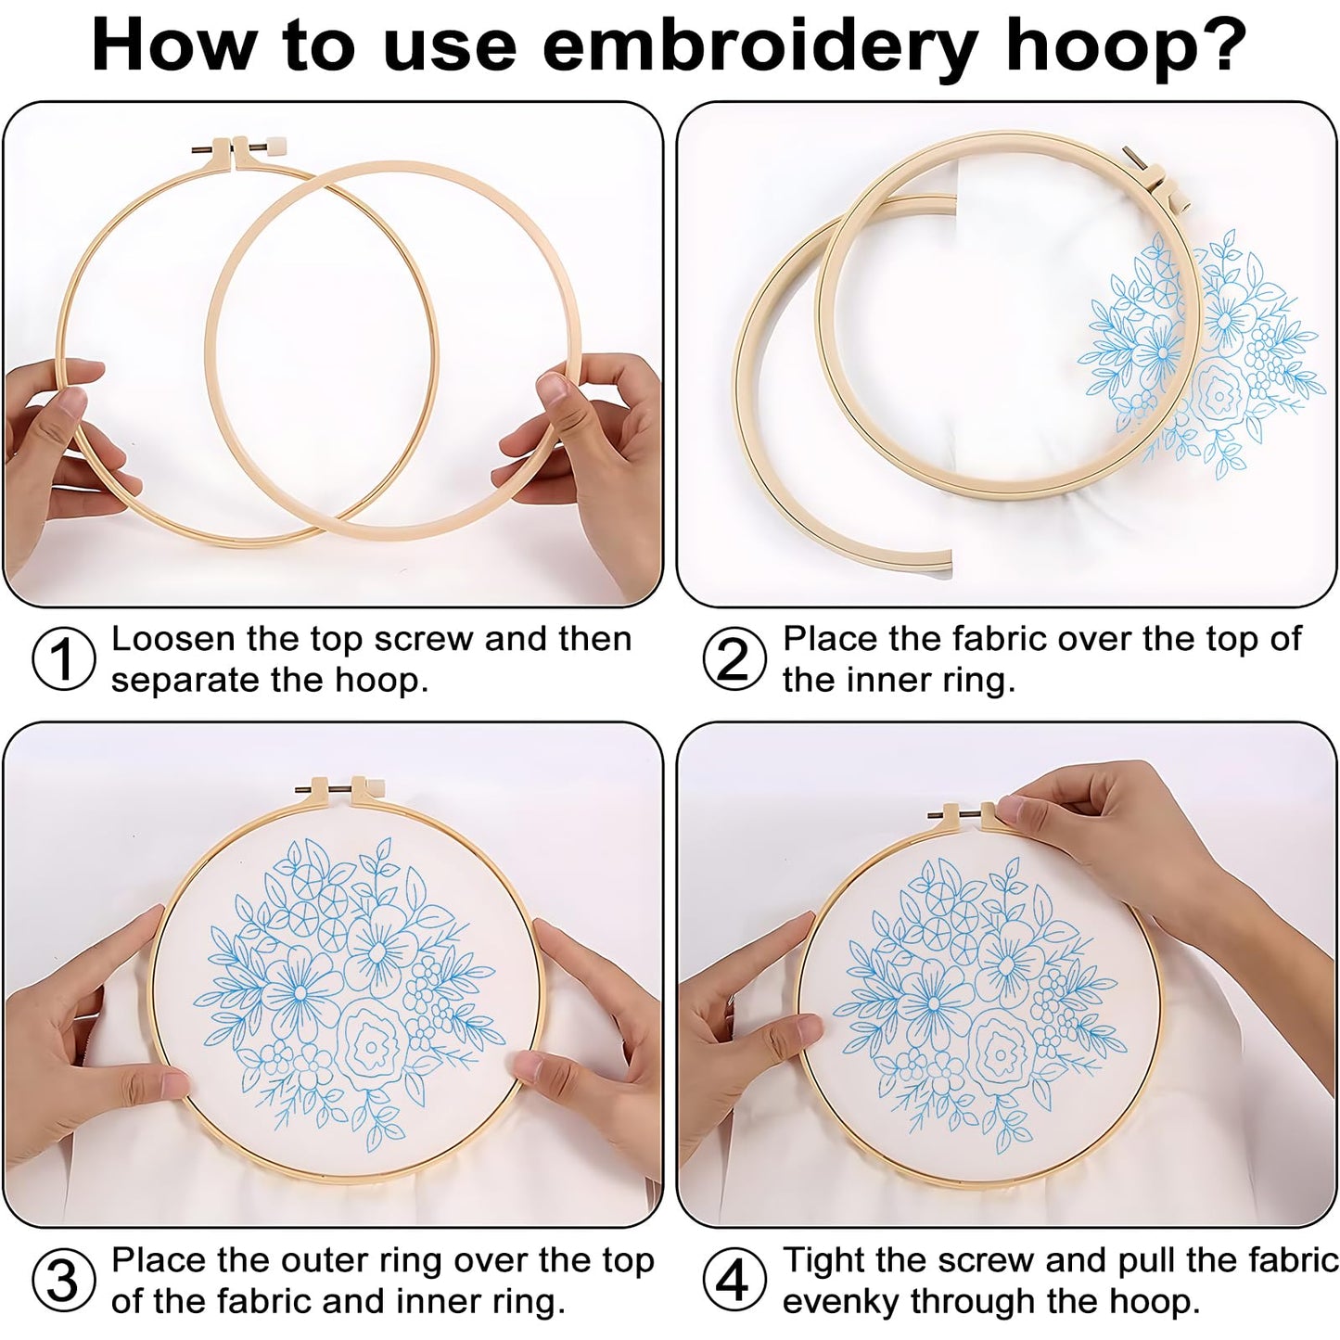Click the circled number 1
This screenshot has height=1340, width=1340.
[63, 659]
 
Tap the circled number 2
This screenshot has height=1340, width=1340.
[734, 659]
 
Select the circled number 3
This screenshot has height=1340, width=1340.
[63, 1281]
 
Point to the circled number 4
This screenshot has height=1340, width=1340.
[734, 1281]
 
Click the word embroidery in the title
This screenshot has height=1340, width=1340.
[759, 46]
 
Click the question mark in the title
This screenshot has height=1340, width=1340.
[1227, 46]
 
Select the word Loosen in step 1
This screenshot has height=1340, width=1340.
[173, 639]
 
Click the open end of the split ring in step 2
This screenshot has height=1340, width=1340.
[937, 563]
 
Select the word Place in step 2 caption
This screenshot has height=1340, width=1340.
[829, 639]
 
